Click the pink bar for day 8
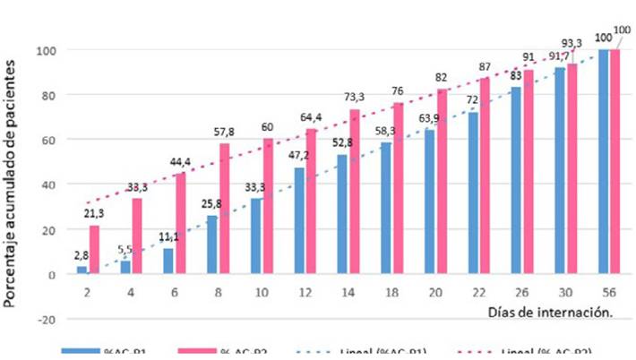[225, 209]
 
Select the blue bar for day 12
[298, 220]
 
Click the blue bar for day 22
[473, 193]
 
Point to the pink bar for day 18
[399, 188]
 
